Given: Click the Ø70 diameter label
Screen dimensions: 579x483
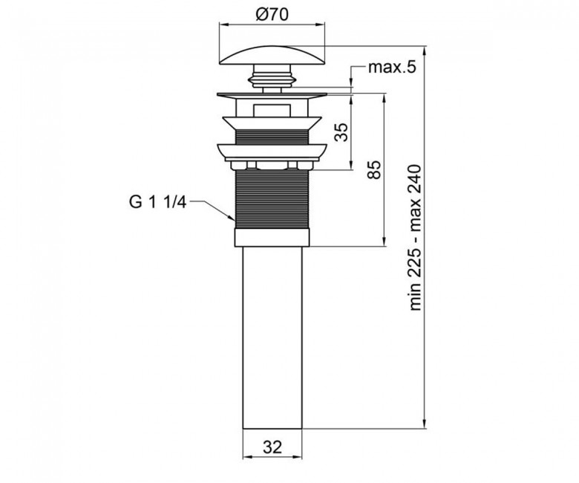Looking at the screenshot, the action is [272, 15].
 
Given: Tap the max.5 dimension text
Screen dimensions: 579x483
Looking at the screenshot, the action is [392, 68].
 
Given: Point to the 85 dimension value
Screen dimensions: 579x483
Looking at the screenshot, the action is [374, 170].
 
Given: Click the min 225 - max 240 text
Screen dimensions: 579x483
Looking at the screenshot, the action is [415, 238].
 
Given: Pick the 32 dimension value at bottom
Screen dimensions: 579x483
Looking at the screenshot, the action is [272, 447].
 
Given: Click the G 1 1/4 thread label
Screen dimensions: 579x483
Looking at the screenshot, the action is [158, 203].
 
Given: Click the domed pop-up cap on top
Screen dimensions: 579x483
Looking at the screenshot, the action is [272, 55].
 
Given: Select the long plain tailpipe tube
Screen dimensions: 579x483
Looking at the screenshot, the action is [272, 338].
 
